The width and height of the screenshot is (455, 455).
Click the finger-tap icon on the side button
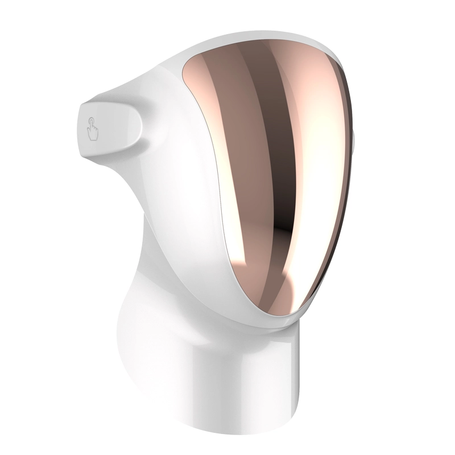click(x=92, y=129)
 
